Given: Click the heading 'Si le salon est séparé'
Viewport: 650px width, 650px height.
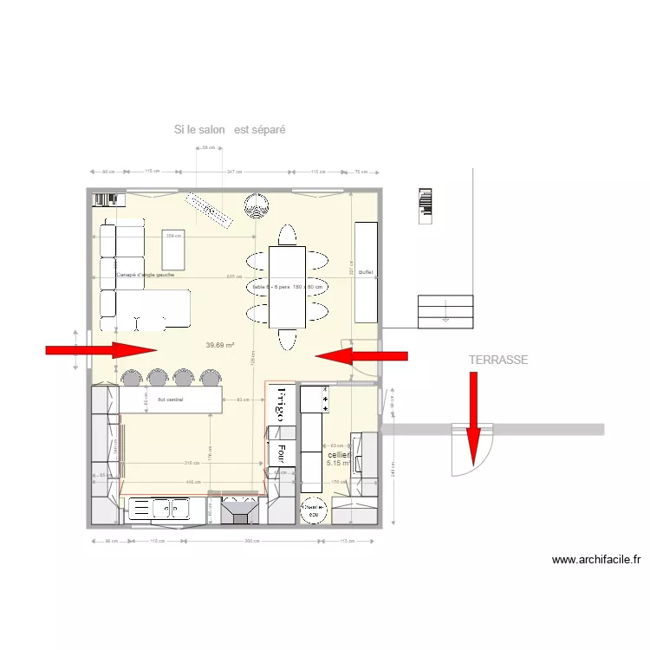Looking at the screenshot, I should pyautogui.click(x=230, y=130).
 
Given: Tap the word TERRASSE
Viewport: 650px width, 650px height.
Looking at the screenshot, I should pyautogui.click(x=498, y=360).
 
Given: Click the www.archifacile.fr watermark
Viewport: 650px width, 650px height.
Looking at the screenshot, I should pyautogui.click(x=595, y=560).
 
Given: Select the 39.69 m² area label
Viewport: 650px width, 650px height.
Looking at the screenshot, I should pyautogui.click(x=220, y=345).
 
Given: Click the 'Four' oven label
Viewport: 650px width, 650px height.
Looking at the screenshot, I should pyautogui.click(x=281, y=452).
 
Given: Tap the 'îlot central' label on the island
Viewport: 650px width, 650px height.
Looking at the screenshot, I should pyautogui.click(x=170, y=400).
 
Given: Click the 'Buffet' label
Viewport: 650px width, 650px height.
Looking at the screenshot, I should pyautogui.click(x=366, y=272).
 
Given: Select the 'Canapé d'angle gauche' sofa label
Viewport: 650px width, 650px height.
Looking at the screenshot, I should pyautogui.click(x=146, y=274).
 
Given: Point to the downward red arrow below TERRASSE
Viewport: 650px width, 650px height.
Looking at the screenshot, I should pyautogui.click(x=473, y=416).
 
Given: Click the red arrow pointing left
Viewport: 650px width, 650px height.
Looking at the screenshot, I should pyautogui.click(x=361, y=355).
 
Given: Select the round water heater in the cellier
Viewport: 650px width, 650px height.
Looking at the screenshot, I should pyautogui.click(x=314, y=511).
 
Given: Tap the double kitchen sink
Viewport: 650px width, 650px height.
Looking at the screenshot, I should pyautogui.click(x=157, y=509).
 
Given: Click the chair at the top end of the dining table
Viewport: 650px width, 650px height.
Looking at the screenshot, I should pyautogui.click(x=286, y=235).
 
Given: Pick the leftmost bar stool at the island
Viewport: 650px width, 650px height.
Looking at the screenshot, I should pyautogui.click(x=130, y=378).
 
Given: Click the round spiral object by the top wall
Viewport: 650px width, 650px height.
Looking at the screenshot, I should pyautogui.click(x=256, y=205).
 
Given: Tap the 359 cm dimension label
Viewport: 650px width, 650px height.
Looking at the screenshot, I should pyautogui.click(x=173, y=236).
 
